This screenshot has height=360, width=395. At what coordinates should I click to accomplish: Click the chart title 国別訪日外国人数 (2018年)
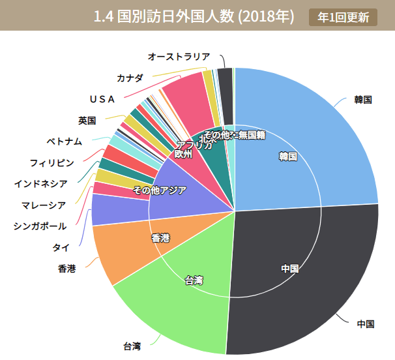point(194,16)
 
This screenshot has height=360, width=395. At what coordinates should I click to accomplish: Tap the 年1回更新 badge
point(343,16)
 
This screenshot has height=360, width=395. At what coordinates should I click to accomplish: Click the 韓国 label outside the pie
point(363,100)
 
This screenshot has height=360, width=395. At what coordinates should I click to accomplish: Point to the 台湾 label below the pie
point(132,345)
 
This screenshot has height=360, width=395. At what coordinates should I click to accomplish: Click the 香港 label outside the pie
point(66,268)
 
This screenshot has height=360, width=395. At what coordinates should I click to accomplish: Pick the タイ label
point(61,247)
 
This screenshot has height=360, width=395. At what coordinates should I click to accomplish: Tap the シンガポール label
point(40,226)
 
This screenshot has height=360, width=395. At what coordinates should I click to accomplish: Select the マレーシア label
point(44,205)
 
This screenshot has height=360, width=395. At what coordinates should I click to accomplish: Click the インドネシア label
point(40,183)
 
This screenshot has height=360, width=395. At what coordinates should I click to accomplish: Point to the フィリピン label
point(51,162)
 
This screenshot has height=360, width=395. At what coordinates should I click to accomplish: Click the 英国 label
point(87,120)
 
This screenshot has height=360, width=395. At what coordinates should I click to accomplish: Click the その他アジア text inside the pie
point(160,190)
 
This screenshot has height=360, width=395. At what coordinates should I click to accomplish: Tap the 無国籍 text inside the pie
point(252,135)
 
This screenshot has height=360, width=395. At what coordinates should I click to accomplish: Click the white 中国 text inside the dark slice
point(290,268)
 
